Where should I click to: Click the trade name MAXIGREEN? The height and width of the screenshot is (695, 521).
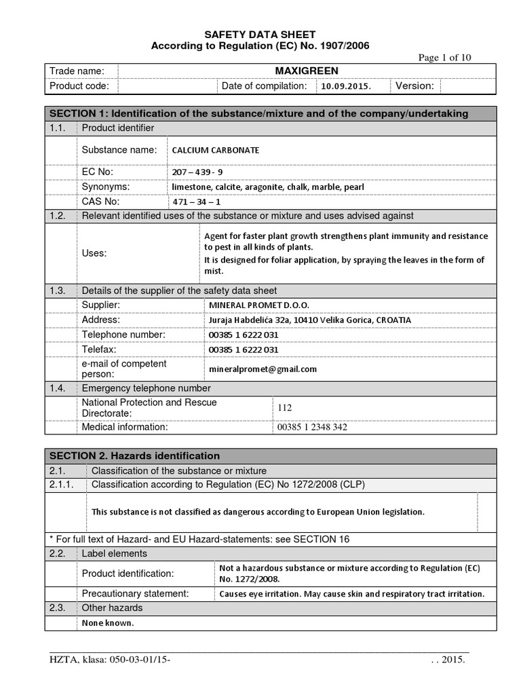click(x=307, y=71)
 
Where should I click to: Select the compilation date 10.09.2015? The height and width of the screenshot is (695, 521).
click(x=346, y=87)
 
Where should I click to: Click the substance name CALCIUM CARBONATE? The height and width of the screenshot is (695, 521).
click(x=215, y=150)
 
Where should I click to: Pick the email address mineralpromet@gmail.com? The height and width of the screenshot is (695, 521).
click(x=260, y=369)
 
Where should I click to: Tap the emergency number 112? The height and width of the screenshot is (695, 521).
click(x=285, y=407)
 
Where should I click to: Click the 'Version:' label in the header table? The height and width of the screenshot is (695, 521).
click(x=414, y=86)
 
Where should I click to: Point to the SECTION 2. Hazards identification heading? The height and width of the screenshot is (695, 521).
click(x=134, y=456)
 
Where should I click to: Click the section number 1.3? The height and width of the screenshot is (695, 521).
click(x=57, y=290)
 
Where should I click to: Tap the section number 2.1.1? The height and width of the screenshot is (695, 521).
click(x=62, y=485)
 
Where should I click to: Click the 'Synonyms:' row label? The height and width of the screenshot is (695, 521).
click(x=106, y=187)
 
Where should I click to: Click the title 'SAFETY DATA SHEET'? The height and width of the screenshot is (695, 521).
click(x=260, y=35)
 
